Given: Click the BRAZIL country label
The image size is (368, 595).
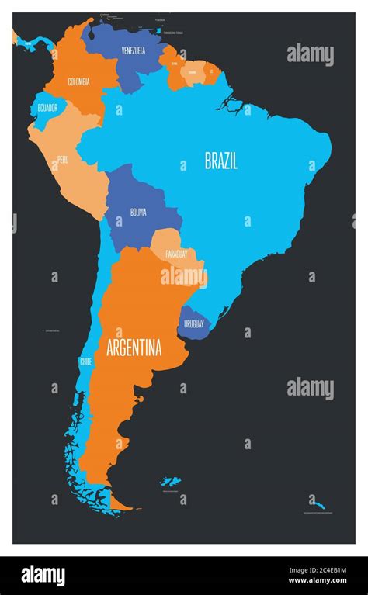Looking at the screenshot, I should click(220, 161).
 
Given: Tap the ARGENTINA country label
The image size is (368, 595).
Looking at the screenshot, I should click(134, 347).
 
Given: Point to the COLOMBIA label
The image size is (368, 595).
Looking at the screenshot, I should click(78, 81).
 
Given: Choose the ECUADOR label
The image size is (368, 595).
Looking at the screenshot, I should click(47, 108).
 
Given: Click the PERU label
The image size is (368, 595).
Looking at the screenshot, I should click(63, 161).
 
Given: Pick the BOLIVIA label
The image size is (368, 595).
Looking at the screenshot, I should click(138, 211).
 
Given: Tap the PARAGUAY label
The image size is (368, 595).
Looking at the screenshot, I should click(176, 254).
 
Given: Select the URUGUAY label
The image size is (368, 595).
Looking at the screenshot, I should click(193, 324).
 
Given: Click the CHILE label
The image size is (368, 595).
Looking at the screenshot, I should click(85, 361).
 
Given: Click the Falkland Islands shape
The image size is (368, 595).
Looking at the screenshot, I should click(168, 482).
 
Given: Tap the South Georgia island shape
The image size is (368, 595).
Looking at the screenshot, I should click(318, 502).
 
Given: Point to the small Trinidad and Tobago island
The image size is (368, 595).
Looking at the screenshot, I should click(158, 31).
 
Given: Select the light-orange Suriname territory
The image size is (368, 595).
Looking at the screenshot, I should click(193, 73).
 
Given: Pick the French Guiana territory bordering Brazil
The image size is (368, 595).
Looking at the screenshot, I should click(210, 71).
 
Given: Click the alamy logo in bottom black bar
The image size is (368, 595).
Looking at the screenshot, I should click(43, 576).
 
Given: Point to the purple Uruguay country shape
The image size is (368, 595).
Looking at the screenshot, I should click(193, 319).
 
